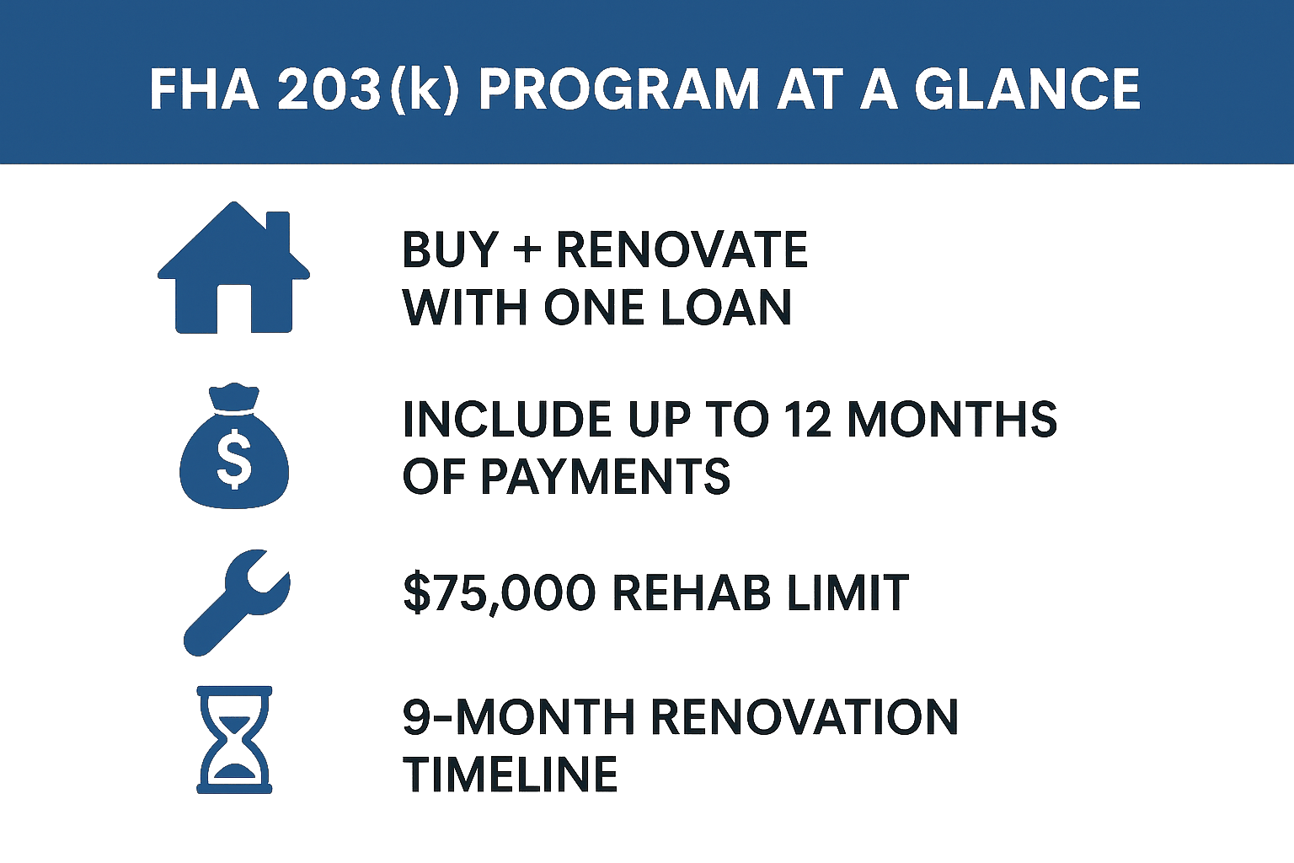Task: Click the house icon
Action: point(233,270)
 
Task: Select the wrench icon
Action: point(237,602)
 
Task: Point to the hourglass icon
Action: point(234,739)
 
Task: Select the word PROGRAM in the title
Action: point(618,88)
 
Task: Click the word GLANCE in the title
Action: point(1027,88)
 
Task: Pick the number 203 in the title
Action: point(329,88)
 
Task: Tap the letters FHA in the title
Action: point(204,88)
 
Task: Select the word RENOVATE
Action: point(682,250)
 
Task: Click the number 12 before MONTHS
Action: point(808,420)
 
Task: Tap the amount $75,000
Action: point(500,592)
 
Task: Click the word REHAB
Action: point(691,592)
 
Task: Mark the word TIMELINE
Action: point(511,775)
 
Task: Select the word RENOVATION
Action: point(804,717)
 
